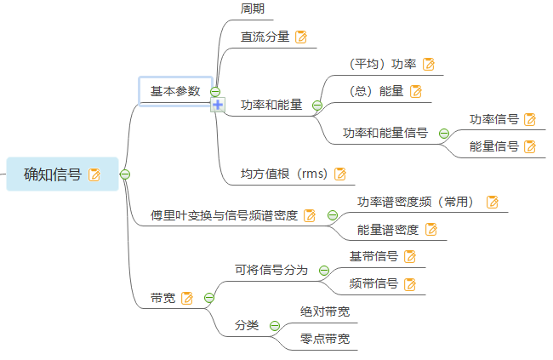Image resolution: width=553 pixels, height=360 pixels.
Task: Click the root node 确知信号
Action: pos(53,174)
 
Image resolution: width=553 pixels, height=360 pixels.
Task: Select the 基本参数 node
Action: pos(175,91)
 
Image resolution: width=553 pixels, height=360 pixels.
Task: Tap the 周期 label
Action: pos(253,9)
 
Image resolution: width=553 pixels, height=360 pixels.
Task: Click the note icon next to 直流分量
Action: pos(300,37)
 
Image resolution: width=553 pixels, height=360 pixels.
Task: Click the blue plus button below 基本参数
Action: pos(217,105)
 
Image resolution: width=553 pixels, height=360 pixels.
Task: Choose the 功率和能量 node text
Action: pos(271,106)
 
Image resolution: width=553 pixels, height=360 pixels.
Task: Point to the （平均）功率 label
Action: pos(382,64)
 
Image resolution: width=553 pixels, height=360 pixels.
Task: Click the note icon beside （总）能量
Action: pos(415,91)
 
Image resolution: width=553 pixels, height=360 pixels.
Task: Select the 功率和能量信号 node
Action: pos(385,133)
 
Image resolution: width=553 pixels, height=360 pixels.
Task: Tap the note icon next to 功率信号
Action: pos(530,119)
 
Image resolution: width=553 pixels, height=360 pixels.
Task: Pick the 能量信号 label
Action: pos(494,146)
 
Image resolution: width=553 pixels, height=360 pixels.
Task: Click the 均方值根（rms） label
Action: pos(284,174)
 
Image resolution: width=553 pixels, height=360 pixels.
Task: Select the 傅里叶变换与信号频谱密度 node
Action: pos(224,215)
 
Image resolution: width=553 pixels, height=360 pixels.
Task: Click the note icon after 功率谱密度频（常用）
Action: pos(492,202)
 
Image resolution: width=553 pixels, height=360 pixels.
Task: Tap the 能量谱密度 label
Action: pos(388,229)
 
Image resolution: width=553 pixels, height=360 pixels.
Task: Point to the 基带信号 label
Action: pos(374,256)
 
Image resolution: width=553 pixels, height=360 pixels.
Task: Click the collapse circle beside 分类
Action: pos(275,325)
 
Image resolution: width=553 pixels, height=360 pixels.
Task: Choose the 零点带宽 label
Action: pos(325,339)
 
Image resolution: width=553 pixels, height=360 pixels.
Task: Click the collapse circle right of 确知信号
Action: pos(125,174)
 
